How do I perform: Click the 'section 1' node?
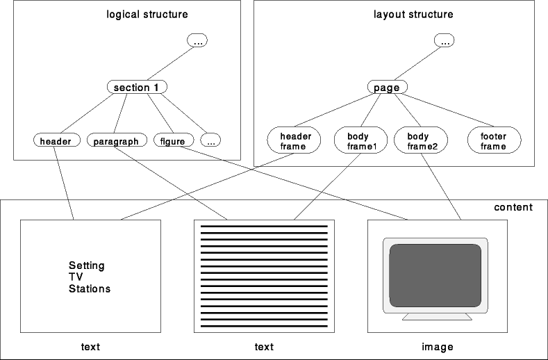coord(138,88)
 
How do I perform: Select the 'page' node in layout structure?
coord(387,88)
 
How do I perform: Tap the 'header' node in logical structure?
coord(56,141)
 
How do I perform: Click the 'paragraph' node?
coord(117,141)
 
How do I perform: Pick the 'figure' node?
coord(172,141)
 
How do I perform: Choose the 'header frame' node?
coord(294,141)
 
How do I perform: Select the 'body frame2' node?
coord(420,141)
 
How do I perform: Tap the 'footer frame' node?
coord(493,141)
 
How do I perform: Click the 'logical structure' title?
coord(147,14)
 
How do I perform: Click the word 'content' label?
coord(513,207)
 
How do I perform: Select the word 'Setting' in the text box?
coord(87,265)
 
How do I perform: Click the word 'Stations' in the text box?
coord(90,288)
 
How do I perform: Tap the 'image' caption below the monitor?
coord(438,347)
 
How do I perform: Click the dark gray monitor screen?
coord(435,275)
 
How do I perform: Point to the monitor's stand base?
coord(438,316)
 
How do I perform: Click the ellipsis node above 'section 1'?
coord(198,42)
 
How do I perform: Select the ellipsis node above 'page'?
coord(445,42)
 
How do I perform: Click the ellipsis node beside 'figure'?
coord(210,141)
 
